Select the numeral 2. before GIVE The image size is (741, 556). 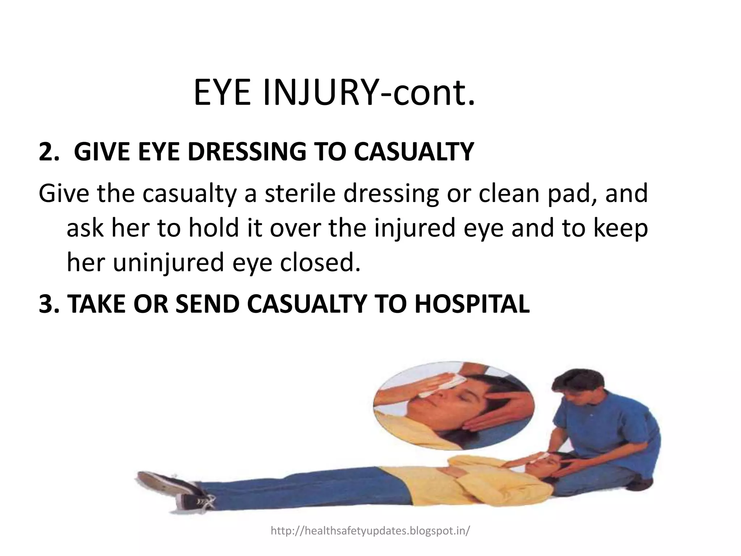point(50,152)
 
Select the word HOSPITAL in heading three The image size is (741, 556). point(472,303)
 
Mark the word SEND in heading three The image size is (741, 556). point(207,303)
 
